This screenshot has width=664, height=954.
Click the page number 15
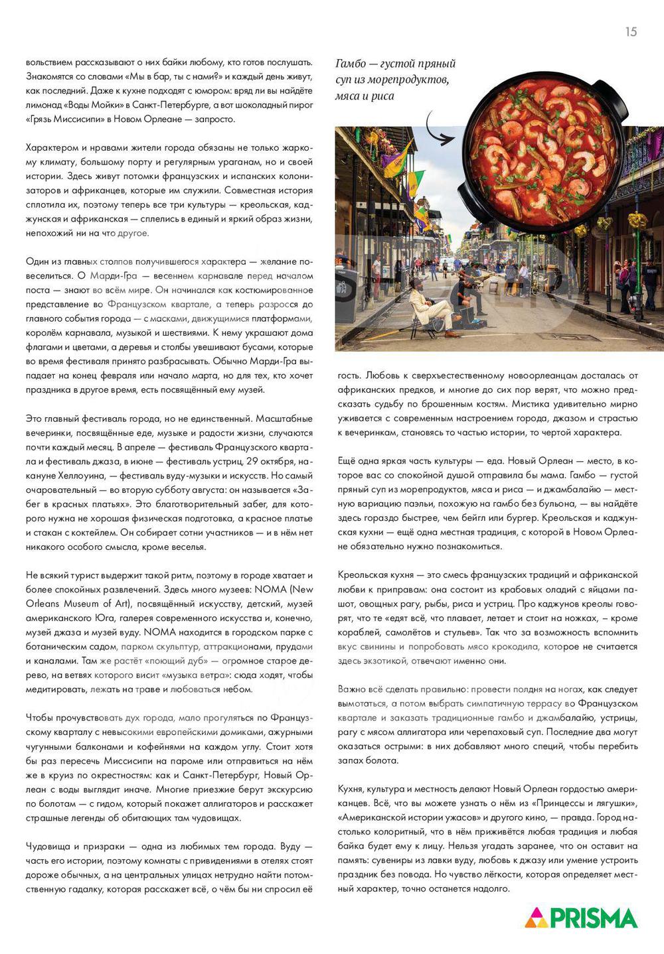click(x=631, y=31)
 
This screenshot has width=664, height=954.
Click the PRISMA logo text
click(x=594, y=918)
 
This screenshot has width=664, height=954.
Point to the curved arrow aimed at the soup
click(x=438, y=129)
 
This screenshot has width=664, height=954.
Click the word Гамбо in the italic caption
click(x=351, y=64)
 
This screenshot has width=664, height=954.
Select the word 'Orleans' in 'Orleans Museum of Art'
click(x=42, y=604)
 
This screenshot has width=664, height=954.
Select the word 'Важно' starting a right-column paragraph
click(x=352, y=689)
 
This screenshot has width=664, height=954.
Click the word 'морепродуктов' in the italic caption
click(x=414, y=80)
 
